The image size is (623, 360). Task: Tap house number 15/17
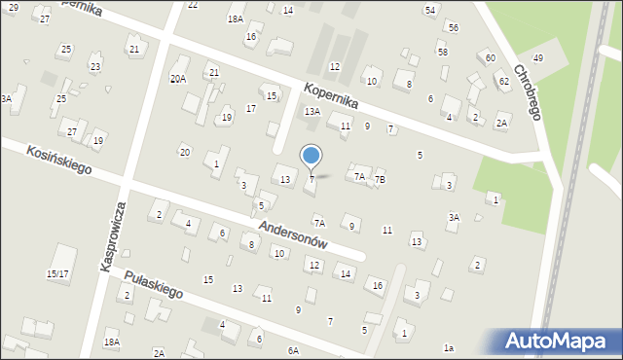pos(57,274)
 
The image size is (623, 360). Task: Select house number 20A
pos(177,79)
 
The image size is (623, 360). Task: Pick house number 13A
pos(311,112)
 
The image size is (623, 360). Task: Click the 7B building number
pos(381,179)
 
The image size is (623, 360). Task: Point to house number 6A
pos(292,350)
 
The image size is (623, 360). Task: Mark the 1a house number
pos(448,347)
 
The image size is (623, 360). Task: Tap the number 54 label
pos(429,10)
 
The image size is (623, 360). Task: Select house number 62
pos(503,81)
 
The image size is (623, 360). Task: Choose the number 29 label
pos(13,7)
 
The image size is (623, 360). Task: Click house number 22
pos(193,5)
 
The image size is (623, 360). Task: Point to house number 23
pos(94,66)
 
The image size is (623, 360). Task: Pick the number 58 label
pos(442,52)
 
